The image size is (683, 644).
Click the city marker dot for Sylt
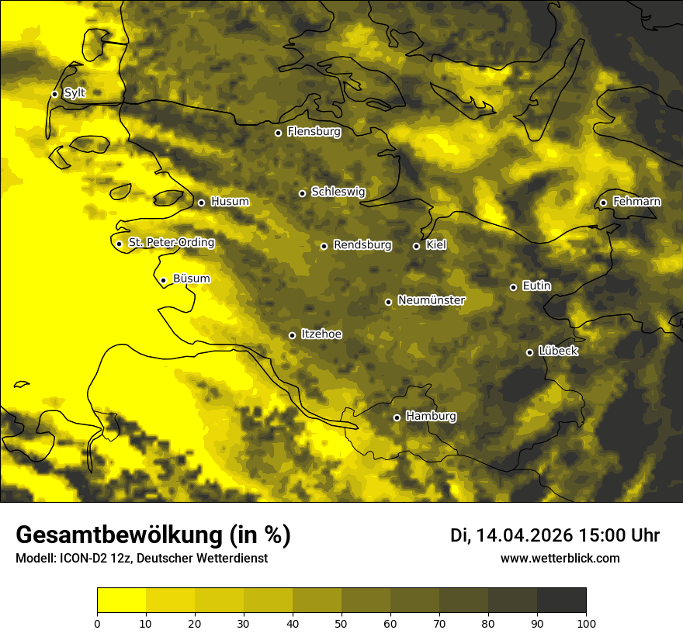click(54, 94)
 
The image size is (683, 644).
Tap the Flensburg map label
click(314, 132)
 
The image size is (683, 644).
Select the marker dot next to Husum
click(201, 203)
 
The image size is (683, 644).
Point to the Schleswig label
click(338, 192)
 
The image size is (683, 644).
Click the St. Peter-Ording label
click(171, 243)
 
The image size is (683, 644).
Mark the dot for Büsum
click(163, 280)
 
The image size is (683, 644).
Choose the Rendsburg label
click(362, 245)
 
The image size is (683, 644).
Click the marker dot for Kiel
click(416, 246)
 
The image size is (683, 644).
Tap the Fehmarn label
click(636, 202)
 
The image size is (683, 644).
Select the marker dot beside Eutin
click(513, 287)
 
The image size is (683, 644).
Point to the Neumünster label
click(432, 300)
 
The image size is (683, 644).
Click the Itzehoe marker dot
click(292, 335)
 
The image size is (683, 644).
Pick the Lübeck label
click(558, 351)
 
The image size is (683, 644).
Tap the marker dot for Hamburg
click(397, 417)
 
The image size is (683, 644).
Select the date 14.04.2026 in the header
click(525, 535)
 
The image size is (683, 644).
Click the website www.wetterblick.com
click(560, 558)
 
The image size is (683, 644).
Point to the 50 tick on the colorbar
click(341, 622)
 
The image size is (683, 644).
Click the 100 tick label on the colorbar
click(586, 622)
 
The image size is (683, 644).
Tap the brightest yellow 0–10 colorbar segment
click(121, 601)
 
